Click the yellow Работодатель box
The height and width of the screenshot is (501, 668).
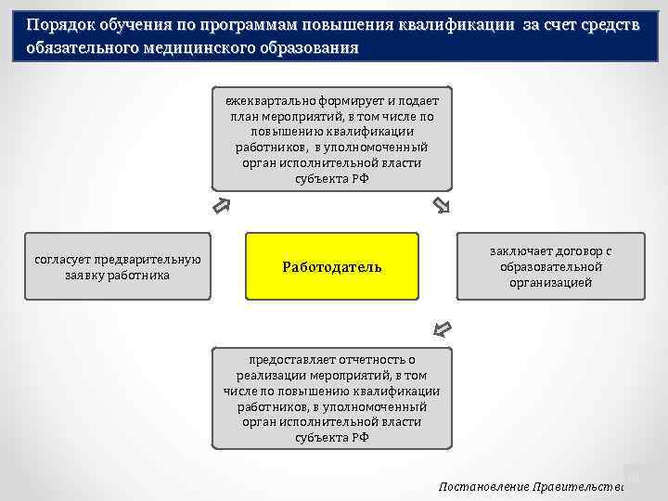click(332, 266)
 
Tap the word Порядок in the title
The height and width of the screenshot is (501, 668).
click(58, 25)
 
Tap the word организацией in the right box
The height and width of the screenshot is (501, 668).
click(550, 282)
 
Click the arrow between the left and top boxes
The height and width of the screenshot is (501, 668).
click(221, 205)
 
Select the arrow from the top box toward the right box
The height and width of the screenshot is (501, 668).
click(442, 205)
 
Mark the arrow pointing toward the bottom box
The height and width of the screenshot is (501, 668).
click(443, 328)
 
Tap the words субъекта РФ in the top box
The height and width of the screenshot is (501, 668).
click(331, 179)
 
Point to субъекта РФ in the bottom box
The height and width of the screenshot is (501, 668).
click(331, 437)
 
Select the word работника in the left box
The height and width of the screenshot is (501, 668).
click(142, 275)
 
